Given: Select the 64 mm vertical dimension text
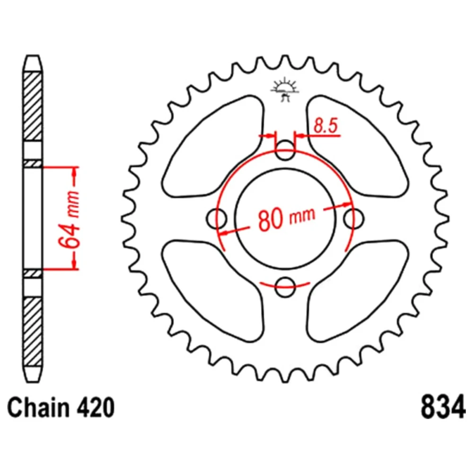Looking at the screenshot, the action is [x=70, y=219].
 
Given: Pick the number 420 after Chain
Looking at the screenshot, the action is [x=96, y=408].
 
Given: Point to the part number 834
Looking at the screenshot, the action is [x=443, y=408].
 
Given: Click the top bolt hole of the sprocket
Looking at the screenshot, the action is [x=285, y=150].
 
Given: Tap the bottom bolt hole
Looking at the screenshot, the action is [x=285, y=287].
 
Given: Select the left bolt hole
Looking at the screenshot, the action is [x=217, y=219].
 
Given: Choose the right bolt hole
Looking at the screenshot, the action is [x=353, y=219].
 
